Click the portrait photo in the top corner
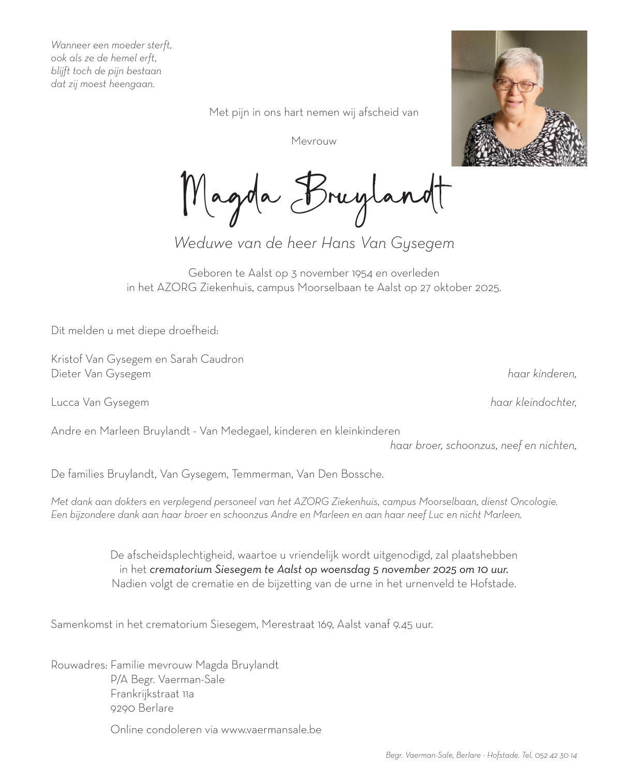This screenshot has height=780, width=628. coord(519,98)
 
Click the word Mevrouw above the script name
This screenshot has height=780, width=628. coord(313,141)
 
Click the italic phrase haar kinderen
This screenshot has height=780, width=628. coord(542,374)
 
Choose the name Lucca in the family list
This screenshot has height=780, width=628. coord(65,402)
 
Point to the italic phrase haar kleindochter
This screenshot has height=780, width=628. coord(533,402)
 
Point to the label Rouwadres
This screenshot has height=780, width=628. coord(79,665)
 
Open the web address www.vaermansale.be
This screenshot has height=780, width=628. coord(271,730)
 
